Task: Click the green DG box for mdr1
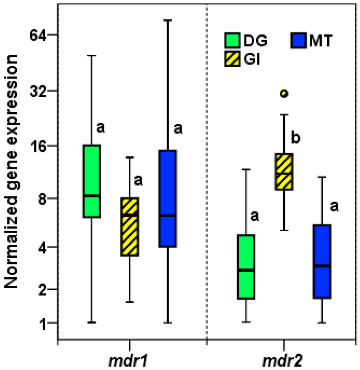[91, 180]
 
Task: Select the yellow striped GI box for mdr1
[130, 226]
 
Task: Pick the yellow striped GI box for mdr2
[284, 172]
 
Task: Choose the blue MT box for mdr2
[322, 261]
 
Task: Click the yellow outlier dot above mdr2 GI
[284, 94]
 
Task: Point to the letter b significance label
[295, 138]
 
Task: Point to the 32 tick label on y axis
[38, 91]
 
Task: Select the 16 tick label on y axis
[38, 146]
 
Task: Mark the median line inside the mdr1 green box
[91, 195]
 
